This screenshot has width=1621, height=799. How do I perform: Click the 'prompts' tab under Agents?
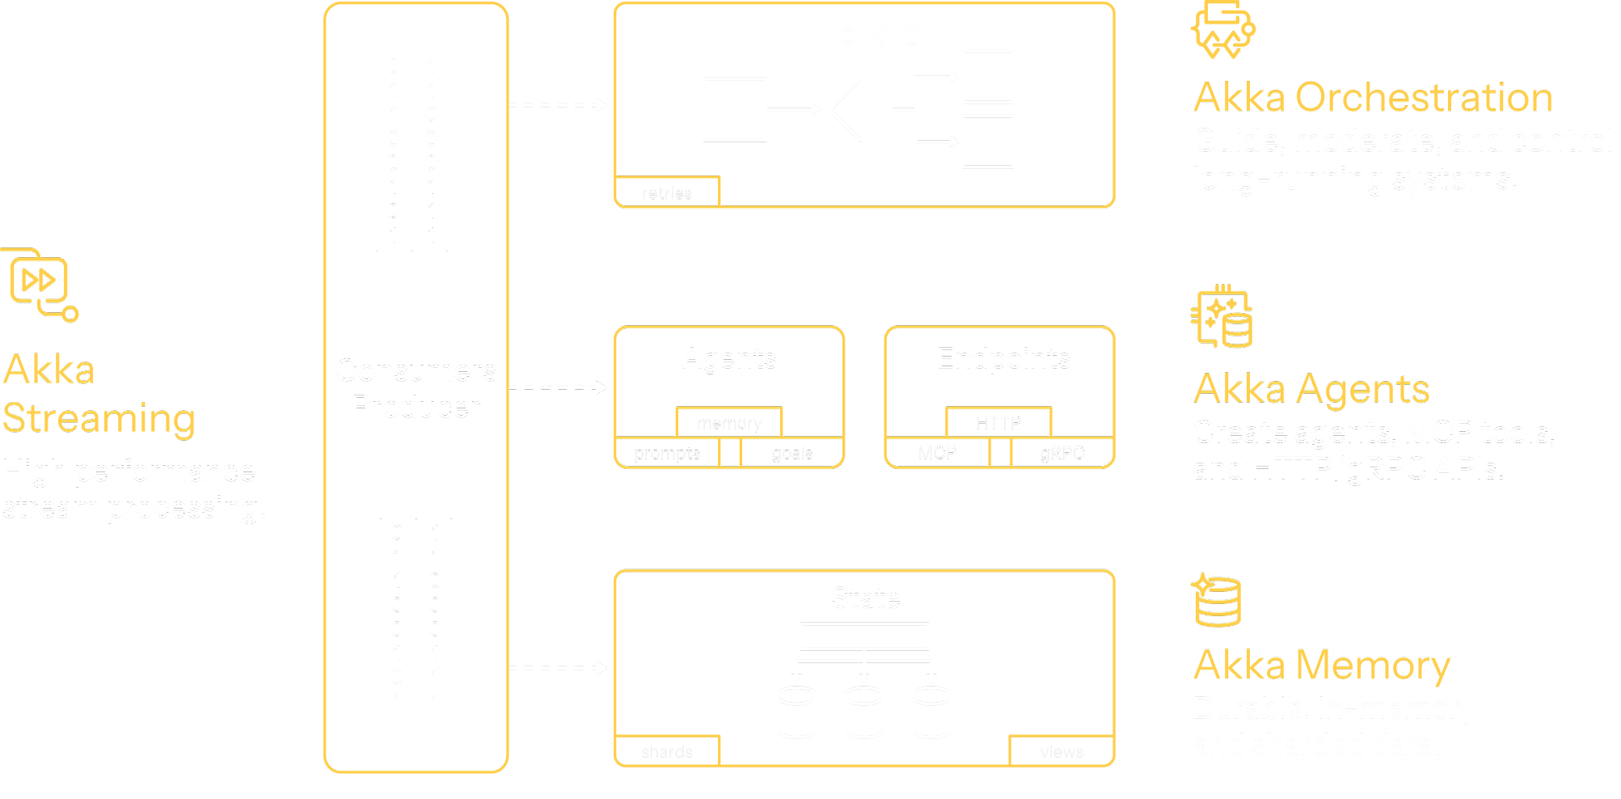pos(667,454)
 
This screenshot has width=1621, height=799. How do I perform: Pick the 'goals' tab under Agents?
pos(792,454)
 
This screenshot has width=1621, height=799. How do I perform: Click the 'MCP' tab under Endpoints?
pos(937,454)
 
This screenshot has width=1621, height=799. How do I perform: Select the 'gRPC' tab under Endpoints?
pos(1062,454)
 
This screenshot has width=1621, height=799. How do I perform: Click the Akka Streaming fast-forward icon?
pos(39,281)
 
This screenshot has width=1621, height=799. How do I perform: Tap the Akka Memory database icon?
pos(1217,601)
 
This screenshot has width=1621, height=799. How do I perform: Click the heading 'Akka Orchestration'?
pos(1373,97)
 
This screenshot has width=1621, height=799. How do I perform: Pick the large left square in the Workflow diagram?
pos(734,109)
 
